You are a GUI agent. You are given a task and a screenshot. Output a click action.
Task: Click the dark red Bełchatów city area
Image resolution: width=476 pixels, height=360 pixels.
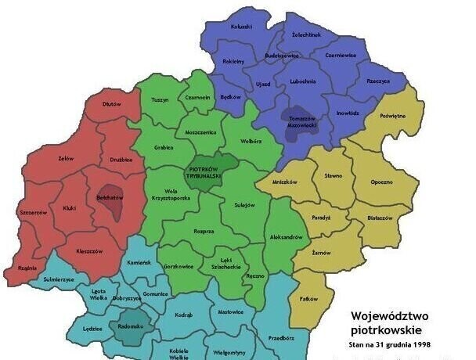[110, 200]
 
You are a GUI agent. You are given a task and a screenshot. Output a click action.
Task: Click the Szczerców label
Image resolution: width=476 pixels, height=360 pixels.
[34, 212]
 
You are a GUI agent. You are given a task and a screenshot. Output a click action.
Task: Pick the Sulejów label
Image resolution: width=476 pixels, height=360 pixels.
[245, 205]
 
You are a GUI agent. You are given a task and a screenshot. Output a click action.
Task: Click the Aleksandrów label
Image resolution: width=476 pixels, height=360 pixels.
[286, 236]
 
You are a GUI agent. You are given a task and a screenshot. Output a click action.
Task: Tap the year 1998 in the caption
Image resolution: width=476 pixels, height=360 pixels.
[420, 344]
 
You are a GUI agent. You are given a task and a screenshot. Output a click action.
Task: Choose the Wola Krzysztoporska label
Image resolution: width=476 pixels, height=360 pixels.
[171, 195]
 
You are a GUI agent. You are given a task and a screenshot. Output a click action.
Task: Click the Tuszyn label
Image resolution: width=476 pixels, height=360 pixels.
[160, 99]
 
